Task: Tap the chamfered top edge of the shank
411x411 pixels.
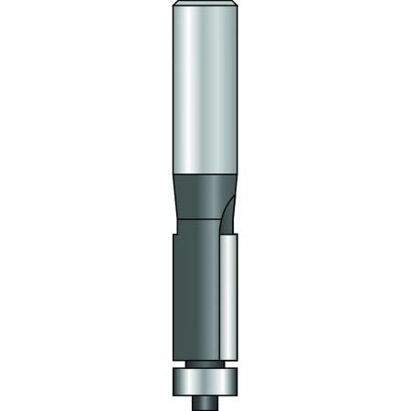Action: tap(205, 6)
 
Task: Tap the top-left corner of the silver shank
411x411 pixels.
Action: tap(173, 6)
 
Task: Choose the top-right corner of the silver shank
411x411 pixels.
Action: tap(238, 6)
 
